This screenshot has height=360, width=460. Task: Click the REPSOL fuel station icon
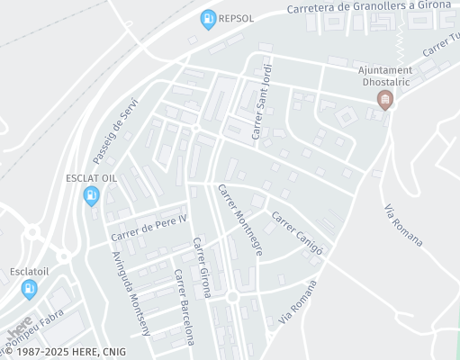pyautogui.click(x=208, y=19)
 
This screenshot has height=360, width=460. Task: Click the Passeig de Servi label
pyautogui.click(x=116, y=125)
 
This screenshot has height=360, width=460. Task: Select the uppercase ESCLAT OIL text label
pyautogui.click(x=91, y=178)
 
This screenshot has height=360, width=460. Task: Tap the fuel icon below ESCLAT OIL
pyautogui.click(x=91, y=196)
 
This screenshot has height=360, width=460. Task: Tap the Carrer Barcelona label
pyautogui.click(x=184, y=307)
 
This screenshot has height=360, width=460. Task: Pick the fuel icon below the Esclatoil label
pyautogui.click(x=30, y=288)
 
